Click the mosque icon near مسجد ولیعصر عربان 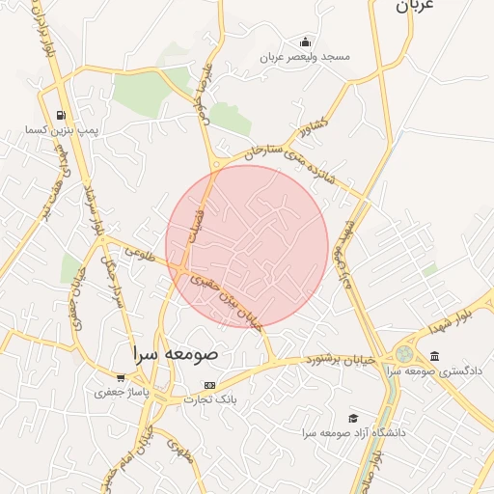[305, 41]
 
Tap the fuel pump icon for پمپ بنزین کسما [62, 115]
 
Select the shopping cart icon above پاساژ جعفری [121, 378]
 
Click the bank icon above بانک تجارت [209, 385]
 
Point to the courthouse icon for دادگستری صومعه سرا [435, 356]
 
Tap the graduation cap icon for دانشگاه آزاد [353, 418]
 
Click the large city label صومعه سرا [176, 353]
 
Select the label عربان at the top [416, 6]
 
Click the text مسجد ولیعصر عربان [304, 57]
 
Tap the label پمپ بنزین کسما [62, 129]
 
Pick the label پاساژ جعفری [121, 393]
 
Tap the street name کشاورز [315, 126]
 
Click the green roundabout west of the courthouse [403, 355]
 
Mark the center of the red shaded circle [247, 246]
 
